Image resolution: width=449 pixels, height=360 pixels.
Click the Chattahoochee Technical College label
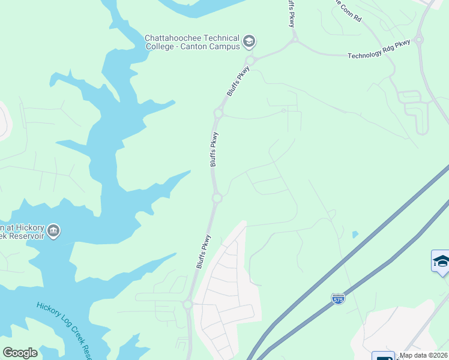click(192, 42)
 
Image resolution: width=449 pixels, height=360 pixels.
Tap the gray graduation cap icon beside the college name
click(249, 42)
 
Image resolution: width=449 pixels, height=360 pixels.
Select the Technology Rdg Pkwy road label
click(379, 49)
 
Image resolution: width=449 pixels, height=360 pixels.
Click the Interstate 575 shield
click(338, 298)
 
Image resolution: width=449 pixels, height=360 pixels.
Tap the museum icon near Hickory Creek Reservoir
click(53, 231)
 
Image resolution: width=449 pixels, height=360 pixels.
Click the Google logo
click(20, 353)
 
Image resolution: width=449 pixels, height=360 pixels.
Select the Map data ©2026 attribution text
click(424, 355)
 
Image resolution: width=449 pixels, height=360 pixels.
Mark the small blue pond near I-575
click(355, 234)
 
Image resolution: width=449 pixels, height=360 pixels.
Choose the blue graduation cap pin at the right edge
click(441, 262)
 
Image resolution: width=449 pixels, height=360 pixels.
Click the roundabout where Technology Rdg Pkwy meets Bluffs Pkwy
click(295, 40)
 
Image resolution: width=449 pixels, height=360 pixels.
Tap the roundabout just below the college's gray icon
click(250, 60)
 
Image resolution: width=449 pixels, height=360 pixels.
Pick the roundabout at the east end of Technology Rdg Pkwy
click(418, 41)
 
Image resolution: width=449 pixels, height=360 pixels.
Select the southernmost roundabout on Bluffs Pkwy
click(187, 305)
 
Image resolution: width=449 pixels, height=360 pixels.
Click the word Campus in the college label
click(223, 47)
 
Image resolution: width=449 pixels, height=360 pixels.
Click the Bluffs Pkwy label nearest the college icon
click(239, 82)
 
